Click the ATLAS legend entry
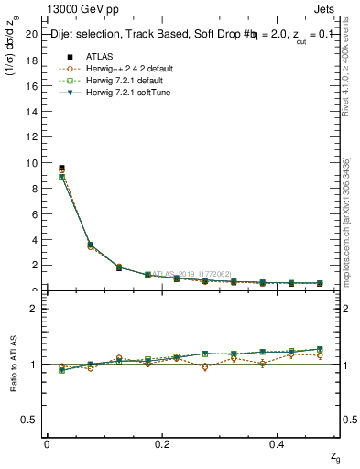100,56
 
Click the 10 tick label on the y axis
31,163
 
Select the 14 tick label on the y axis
31,112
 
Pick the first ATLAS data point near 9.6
61,168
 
